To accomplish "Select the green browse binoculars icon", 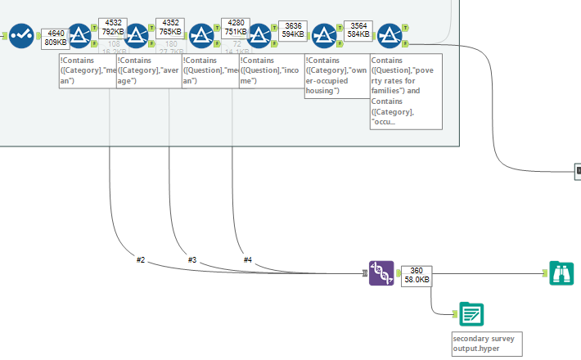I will tap(561, 273).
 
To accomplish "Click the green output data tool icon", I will tap(471, 314).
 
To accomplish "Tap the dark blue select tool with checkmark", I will tap(21, 35).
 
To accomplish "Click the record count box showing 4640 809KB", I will tap(56, 37).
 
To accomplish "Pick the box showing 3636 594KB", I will tap(293, 31).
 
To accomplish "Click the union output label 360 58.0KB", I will tap(416, 275).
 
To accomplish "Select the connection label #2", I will tap(141, 259).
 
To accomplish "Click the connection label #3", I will tap(192, 259).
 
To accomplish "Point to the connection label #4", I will tap(247, 259).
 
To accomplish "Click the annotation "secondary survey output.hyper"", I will tap(486, 344).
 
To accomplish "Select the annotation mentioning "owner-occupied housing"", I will tap(335, 76).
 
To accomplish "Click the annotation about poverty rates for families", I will tap(406, 91).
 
